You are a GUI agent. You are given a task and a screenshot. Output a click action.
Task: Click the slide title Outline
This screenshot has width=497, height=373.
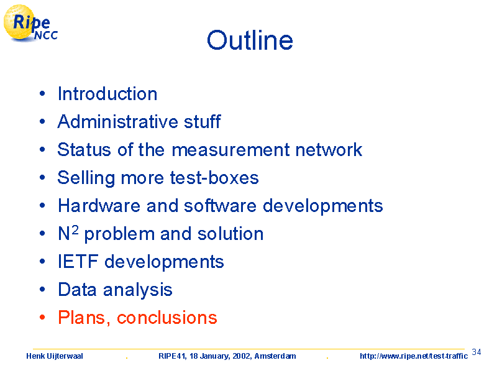click(x=250, y=40)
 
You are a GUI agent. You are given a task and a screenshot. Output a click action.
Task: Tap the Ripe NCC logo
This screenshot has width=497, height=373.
click(x=30, y=24)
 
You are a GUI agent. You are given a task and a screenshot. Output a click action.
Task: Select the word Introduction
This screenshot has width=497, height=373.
click(x=107, y=94)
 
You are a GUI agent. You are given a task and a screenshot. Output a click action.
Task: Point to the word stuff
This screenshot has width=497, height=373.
click(x=203, y=121)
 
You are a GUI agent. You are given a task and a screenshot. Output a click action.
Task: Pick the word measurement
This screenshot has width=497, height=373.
click(x=230, y=150)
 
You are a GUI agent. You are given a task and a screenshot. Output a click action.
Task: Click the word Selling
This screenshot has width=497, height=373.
click(x=86, y=178)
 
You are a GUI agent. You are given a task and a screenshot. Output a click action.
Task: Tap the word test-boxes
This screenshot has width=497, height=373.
click(x=214, y=178)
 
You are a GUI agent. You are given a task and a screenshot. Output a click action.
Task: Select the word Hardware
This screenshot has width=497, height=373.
click(x=99, y=206)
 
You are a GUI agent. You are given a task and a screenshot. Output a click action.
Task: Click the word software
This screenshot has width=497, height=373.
click(x=221, y=206)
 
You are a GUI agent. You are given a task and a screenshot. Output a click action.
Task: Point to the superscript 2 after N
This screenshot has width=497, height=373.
click(x=75, y=229)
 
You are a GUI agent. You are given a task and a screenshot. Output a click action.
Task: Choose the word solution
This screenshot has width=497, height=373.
click(x=230, y=234)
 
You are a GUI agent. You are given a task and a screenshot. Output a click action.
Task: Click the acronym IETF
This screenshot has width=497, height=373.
click(x=78, y=262)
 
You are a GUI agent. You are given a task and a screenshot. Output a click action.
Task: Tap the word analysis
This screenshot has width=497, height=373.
click(x=137, y=290)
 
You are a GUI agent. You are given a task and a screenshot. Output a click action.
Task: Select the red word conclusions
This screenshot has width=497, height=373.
click(x=167, y=318)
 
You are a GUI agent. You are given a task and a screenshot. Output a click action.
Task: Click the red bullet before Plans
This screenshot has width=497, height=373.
click(x=42, y=317)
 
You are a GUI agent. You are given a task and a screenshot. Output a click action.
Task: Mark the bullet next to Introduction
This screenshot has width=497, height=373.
click(x=42, y=94)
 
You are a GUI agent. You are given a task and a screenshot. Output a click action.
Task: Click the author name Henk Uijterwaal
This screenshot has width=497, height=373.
click(x=55, y=356)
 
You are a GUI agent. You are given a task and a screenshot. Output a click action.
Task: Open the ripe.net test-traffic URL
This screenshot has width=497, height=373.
click(x=414, y=356)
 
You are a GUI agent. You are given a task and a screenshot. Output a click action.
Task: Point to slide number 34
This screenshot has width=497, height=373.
click(x=476, y=352)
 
